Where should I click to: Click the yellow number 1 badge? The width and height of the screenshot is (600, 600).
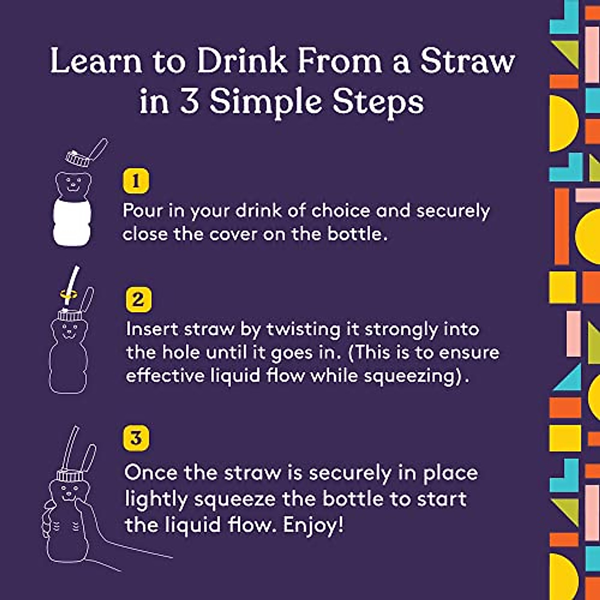[x=135, y=180]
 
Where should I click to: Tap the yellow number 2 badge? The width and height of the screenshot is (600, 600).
[x=137, y=299]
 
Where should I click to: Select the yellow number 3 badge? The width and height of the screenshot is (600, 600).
[x=136, y=438]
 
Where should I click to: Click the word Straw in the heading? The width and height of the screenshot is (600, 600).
[x=467, y=61]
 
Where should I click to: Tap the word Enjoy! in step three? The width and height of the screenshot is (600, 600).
[x=313, y=525]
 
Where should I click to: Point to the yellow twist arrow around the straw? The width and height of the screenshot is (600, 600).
[x=68, y=294]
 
